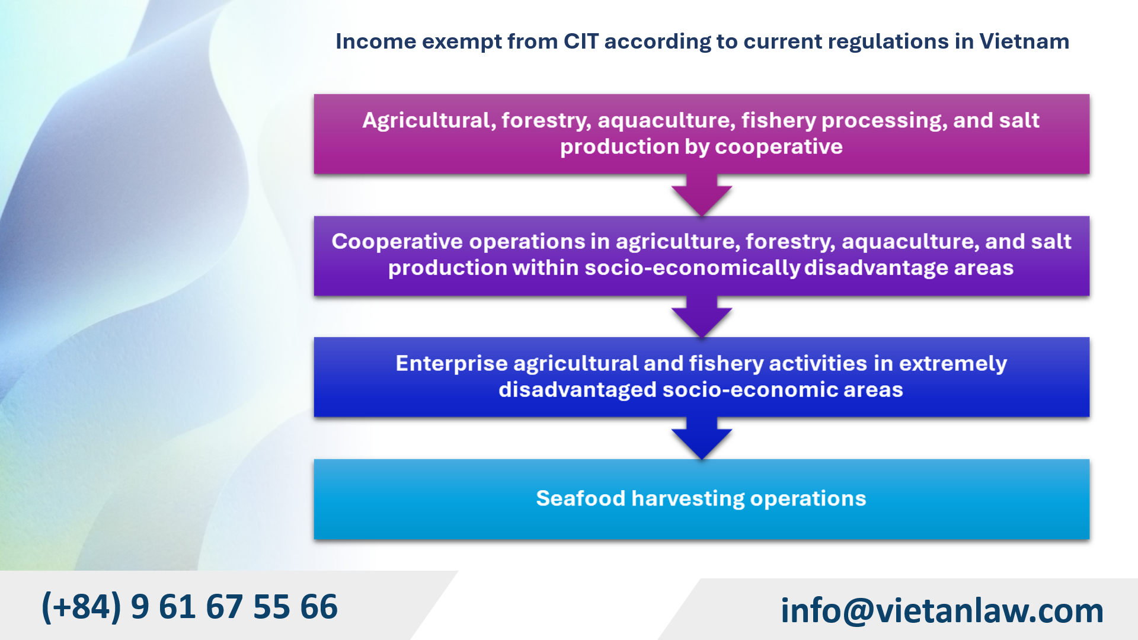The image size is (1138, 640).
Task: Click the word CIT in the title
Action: pos(581,41)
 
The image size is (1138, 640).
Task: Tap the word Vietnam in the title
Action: pos(1024,41)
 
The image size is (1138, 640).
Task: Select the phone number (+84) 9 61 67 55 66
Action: pos(190,607)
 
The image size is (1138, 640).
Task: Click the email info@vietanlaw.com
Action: pos(942,610)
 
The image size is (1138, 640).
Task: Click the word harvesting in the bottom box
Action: pos(688,499)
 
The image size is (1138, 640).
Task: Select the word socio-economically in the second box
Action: pos(692,268)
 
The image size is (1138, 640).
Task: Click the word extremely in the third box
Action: pos(952,364)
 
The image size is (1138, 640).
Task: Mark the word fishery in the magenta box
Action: pos(778,121)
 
